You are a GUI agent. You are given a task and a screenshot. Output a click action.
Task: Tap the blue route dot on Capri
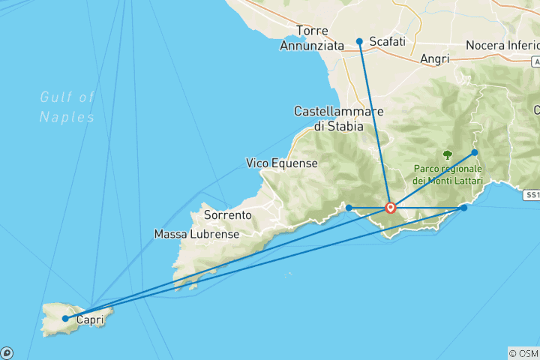(66, 319)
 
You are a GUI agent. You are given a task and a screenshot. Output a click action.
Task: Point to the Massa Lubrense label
(196, 234)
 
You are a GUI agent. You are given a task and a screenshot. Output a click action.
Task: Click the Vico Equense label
(282, 163)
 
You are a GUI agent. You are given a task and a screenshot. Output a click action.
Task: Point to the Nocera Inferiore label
(502, 46)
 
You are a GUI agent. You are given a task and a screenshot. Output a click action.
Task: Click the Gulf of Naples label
(67, 106)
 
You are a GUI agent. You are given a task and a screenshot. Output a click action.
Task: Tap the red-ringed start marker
(391, 208)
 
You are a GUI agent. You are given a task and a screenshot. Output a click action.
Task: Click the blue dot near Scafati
(360, 41)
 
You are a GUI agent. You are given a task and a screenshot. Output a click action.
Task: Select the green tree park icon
(448, 155)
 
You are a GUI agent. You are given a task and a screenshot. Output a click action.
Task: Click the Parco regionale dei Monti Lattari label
(448, 175)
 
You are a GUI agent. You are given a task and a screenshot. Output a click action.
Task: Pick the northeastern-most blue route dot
(475, 153)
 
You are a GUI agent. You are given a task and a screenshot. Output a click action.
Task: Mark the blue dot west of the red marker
(349, 208)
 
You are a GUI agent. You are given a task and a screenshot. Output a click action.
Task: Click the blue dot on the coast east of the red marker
(464, 208)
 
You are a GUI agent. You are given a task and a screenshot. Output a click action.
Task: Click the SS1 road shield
(532, 195)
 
